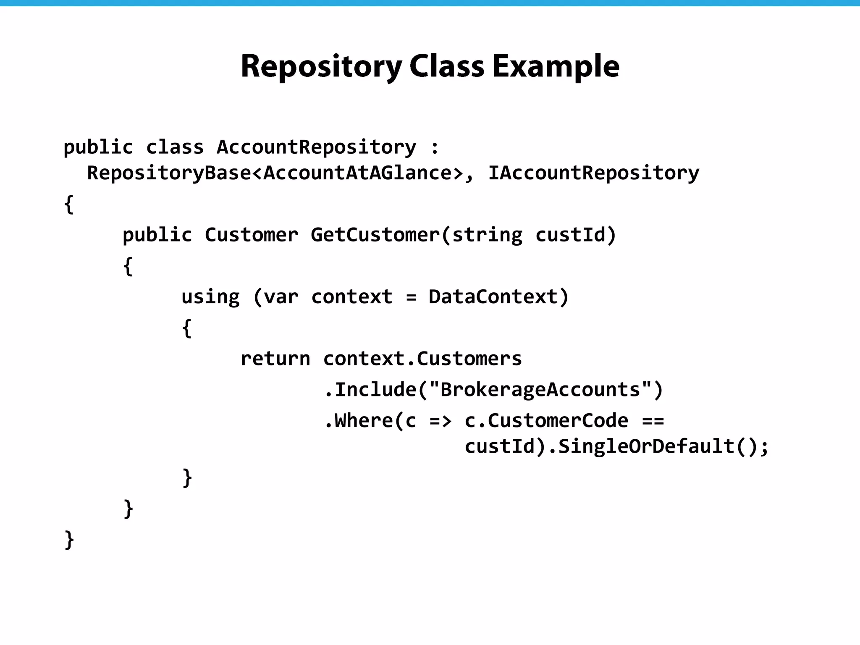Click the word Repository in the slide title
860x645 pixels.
[x=321, y=66]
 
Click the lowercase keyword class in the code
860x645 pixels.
[x=175, y=147]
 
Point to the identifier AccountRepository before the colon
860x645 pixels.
[x=316, y=147]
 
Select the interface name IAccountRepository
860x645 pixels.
[x=593, y=173]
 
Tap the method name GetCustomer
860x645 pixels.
[x=375, y=235]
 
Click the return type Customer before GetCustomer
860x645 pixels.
[x=252, y=235]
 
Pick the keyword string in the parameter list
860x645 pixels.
[x=487, y=235]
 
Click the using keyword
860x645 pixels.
[x=210, y=297]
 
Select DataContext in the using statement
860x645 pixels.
[x=493, y=297]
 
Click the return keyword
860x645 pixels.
[x=275, y=359]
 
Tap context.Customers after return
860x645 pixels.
[x=422, y=359]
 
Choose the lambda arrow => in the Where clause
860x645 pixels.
[x=440, y=421]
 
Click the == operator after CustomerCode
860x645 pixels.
[x=653, y=421]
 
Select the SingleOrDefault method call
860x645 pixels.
[x=646, y=446]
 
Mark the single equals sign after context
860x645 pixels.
[x=411, y=298]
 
